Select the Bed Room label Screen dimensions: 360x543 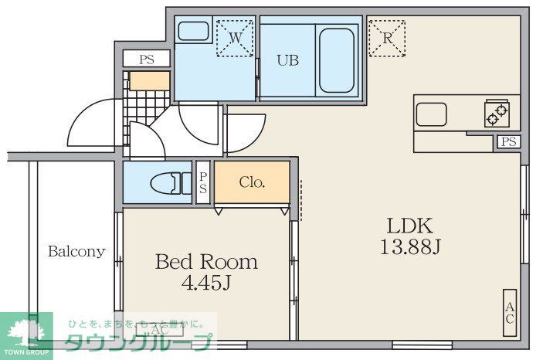206,262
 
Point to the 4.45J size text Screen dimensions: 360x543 206,283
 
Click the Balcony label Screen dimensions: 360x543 76,251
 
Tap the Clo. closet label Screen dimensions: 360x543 252,183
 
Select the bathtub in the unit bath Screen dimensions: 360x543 336,59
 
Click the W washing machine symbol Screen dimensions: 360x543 235,37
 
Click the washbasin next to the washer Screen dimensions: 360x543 192,32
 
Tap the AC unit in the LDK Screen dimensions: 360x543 510,313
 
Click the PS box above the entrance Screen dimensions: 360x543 147,59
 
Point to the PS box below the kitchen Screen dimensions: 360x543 507,141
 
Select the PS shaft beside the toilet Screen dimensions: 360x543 203,183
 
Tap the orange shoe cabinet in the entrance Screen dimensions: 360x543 149,81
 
